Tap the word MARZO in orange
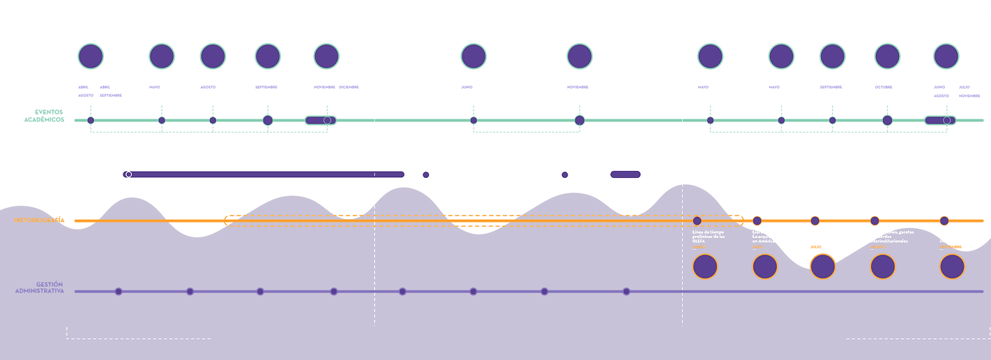699,247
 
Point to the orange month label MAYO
758,247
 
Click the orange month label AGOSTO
877,247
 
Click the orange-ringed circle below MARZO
704,267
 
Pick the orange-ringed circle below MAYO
765,267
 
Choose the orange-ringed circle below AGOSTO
882,267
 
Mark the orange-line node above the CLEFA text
697,220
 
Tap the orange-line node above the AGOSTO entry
874,220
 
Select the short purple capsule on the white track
625,174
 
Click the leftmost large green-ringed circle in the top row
91,56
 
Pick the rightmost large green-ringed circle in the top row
946,56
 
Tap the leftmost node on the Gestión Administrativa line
119,292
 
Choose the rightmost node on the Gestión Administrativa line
626,292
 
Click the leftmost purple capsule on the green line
320,121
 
